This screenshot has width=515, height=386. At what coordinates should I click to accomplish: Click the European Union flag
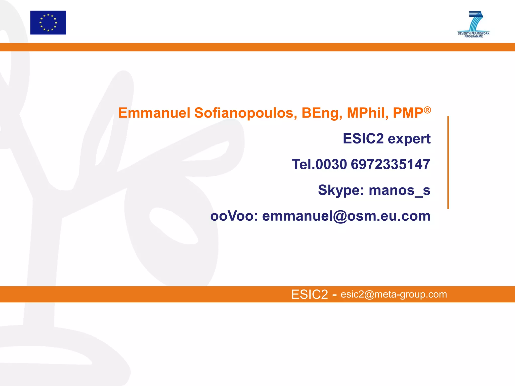point(48,23)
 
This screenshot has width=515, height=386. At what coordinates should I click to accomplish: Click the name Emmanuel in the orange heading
point(154,113)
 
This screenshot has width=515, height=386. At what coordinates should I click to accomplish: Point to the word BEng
point(322,113)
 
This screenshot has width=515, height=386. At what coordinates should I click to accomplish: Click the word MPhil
point(367,113)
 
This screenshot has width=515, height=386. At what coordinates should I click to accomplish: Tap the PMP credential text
point(408,113)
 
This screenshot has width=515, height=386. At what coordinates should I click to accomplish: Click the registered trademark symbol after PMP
point(427,110)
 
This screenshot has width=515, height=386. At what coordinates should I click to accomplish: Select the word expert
point(409,139)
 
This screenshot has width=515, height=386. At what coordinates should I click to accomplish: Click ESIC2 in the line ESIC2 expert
point(363,138)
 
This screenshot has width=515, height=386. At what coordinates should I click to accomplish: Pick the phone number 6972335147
point(390,164)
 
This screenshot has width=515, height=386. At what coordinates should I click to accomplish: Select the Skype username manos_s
point(399,190)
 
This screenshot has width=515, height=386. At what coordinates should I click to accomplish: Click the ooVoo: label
point(234,216)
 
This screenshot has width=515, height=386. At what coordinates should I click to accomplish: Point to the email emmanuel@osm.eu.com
point(346,216)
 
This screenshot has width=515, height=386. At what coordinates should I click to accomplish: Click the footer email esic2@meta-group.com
point(394,294)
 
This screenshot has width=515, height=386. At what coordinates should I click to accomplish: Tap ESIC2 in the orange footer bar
point(310,294)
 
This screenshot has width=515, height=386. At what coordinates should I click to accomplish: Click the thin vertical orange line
point(448,162)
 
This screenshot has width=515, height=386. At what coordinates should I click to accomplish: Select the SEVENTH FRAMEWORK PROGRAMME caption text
point(474,35)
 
